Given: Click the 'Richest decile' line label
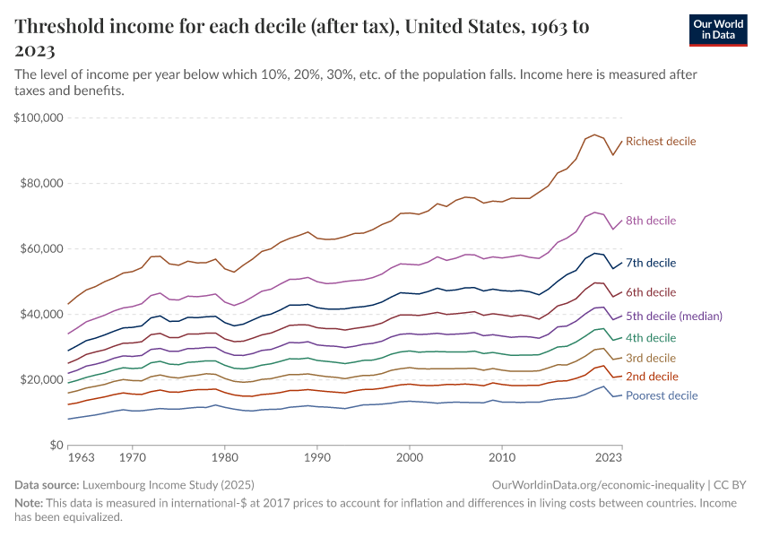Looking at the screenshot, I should tap(661, 142).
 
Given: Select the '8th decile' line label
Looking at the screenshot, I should tap(651, 221).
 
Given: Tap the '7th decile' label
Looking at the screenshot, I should tap(650, 264).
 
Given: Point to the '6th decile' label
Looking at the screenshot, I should tap(651, 292).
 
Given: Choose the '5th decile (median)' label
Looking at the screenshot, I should tap(673, 317).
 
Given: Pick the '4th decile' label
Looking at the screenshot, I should tap(651, 338).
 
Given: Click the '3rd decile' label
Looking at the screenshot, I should tap(651, 358).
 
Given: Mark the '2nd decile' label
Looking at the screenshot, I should tap(651, 377).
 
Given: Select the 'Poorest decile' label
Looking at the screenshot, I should tap(662, 395).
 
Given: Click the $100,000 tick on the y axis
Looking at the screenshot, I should tap(39, 117).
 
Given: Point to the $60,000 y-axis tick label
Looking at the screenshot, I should tap(41, 248).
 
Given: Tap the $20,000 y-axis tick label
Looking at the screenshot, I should tap(41, 379).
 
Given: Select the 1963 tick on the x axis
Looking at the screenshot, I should tap(81, 457).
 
